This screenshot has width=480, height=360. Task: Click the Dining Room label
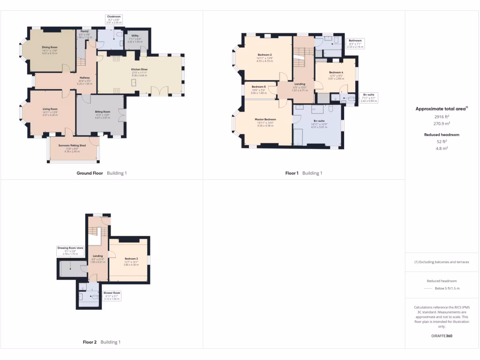pos(50,47)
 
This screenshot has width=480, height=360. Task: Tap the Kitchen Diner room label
pos(139,69)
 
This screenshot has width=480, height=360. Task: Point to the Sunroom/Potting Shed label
pos(72,146)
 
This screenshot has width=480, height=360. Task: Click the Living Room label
pos(50,109)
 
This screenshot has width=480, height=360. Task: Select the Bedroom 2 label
pos(264,55)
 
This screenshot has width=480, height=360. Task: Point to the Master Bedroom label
pos(265,120)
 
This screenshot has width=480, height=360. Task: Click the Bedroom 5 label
pos(258,87)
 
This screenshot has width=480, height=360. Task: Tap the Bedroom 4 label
pos(336,73)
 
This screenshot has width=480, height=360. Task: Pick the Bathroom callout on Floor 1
pos(355,41)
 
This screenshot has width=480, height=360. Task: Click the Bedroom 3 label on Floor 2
pos(131,259)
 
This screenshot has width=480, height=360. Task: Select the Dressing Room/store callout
pos(70,247)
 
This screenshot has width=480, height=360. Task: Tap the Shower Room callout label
pos(112,293)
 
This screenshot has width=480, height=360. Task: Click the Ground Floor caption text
pos(90,173)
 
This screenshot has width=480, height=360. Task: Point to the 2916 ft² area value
pos(441,117)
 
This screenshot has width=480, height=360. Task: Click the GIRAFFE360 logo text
pos(442,336)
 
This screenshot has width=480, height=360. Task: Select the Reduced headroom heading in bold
pos(441,135)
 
